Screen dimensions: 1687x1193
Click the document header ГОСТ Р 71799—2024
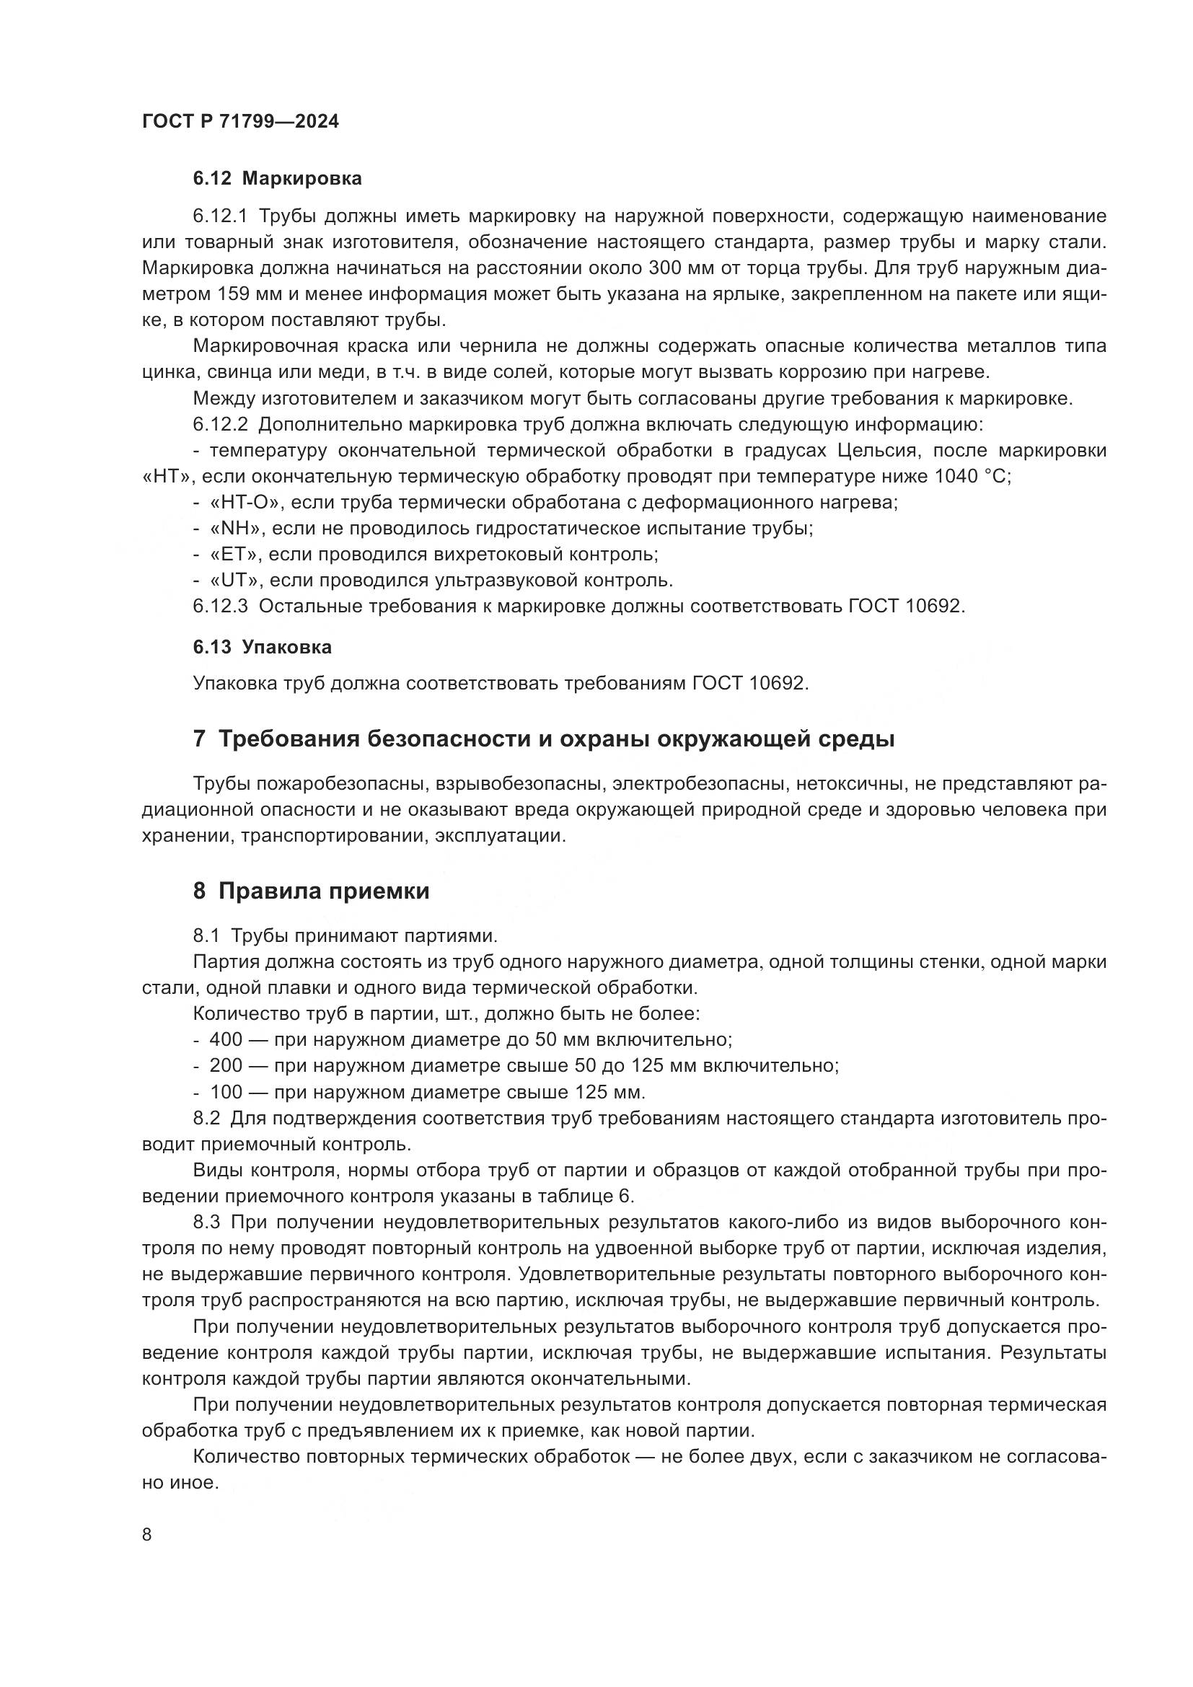240,122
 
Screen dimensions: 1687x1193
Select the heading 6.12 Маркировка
277,179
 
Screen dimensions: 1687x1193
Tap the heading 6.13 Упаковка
262,647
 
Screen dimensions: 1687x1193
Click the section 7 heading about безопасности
544,739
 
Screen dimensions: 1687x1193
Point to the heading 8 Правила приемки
311,891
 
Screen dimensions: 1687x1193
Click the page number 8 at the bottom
147,1533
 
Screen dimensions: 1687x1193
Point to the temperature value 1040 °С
971,476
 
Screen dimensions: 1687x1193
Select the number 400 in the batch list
226,1040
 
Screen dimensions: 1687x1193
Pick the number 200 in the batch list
226,1065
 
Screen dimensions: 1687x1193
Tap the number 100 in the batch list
226,1091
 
